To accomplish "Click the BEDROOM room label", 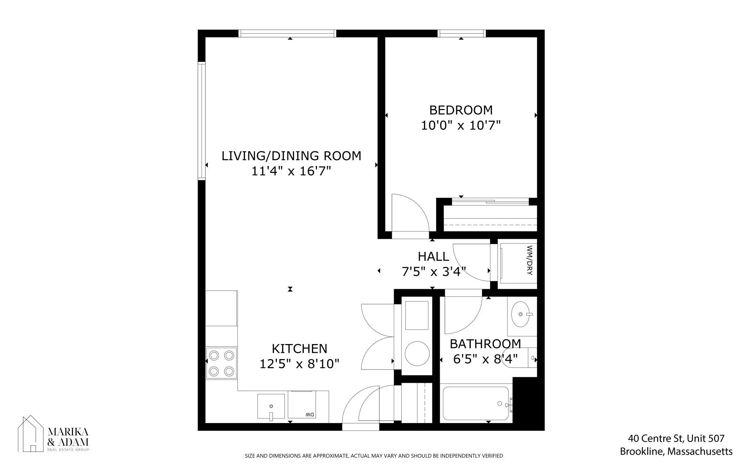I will pyautogui.click(x=461, y=110).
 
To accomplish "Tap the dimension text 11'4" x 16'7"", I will pyautogui.click(x=291, y=171).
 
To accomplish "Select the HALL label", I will pyautogui.click(x=433, y=257).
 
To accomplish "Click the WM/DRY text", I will pyautogui.click(x=530, y=260).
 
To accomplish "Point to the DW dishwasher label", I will pyautogui.click(x=309, y=415).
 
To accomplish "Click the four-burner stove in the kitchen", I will pyautogui.click(x=221, y=363).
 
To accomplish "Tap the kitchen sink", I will pyautogui.click(x=271, y=406).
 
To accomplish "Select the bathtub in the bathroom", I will pyautogui.click(x=476, y=404).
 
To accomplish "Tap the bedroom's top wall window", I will pyautogui.click(x=462, y=34).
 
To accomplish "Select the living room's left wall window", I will pyautogui.click(x=202, y=121).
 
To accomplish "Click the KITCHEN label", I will pyautogui.click(x=299, y=349).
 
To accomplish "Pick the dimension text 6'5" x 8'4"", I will pyautogui.click(x=485, y=359).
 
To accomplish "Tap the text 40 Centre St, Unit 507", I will pyautogui.click(x=676, y=438).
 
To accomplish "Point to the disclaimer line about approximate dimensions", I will pyautogui.click(x=374, y=456).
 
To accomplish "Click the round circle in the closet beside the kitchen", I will pyautogui.click(x=417, y=354).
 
